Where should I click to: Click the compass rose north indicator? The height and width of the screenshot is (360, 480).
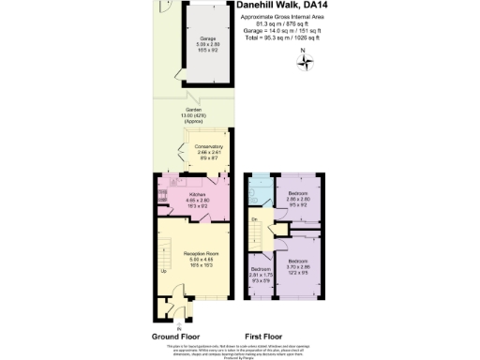click(306, 62)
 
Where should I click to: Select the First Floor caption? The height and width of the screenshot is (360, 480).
click(264, 336)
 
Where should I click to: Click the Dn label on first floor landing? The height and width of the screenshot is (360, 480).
click(254, 219)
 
